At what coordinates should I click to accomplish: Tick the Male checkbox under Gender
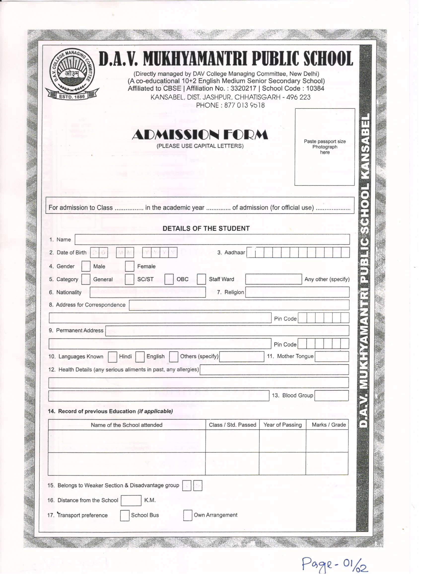point(86,266)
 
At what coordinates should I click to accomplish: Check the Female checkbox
point(130,266)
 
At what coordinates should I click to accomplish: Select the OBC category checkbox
point(169,279)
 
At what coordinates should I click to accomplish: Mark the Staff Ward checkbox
point(201,279)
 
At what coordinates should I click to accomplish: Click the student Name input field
point(212,239)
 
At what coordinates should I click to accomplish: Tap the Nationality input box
point(148,292)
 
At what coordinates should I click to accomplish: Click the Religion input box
point(297,292)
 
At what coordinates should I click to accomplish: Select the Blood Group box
point(331,396)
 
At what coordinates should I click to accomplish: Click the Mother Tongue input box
point(332,356)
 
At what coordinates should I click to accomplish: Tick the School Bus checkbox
point(125,515)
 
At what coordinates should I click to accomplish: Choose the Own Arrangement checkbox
point(187,515)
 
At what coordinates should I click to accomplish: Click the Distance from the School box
point(131,501)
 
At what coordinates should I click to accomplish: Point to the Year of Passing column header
point(283,425)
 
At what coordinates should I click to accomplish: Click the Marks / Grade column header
point(329,425)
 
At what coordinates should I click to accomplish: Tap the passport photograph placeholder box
point(325,147)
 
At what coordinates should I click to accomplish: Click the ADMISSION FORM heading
point(200,135)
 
